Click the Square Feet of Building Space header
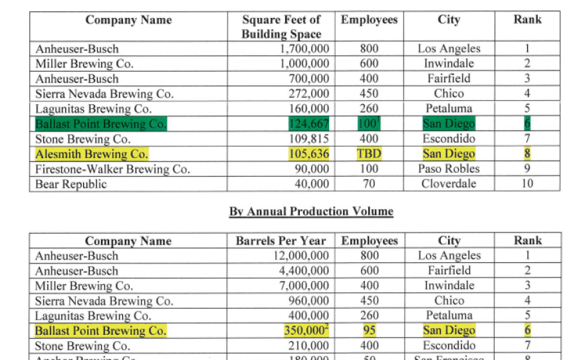(281, 27)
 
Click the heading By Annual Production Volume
(311, 212)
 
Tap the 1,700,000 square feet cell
(304, 49)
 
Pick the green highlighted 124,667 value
(308, 124)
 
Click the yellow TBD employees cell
(369, 154)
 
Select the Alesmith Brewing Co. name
(92, 154)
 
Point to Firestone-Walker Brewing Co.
(112, 169)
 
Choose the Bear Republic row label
(71, 184)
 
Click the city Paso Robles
(449, 169)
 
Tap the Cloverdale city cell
(449, 184)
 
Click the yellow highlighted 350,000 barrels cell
(306, 331)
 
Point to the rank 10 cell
(526, 184)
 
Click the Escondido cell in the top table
(449, 139)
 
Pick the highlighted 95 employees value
(369, 331)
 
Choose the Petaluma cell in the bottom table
(449, 315)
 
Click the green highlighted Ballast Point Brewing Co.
(101, 124)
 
